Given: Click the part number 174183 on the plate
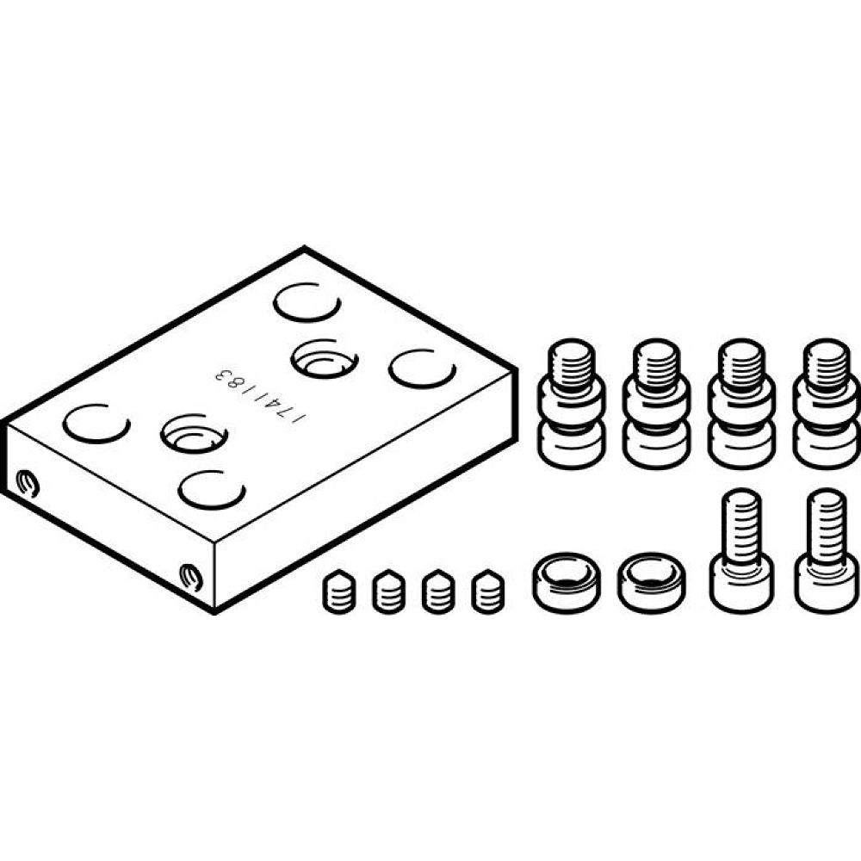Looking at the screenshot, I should click(x=259, y=396).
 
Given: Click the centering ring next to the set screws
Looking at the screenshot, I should click(x=566, y=581).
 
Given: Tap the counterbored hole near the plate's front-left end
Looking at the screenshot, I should click(x=194, y=432).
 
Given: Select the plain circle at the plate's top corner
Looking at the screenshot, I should click(x=307, y=303).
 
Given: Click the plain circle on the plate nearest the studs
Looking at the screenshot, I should click(x=421, y=368).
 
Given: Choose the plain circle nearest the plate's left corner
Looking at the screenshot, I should click(x=96, y=424).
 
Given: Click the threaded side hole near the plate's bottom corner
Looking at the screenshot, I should click(x=190, y=575).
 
